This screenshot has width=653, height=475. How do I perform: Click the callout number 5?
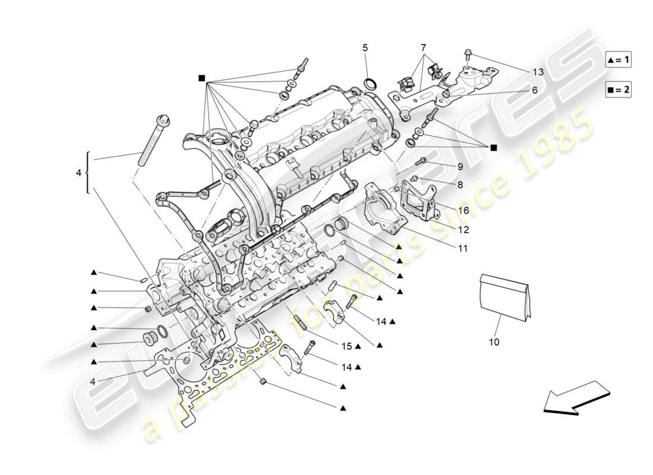[365, 47]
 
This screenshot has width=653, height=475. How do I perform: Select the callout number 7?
[423, 47]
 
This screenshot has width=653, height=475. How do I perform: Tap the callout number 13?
[537, 72]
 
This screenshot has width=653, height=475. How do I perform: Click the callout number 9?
[459, 167]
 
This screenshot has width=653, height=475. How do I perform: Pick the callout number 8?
[459, 185]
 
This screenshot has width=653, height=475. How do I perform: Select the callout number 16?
[464, 210]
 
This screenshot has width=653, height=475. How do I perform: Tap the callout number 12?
[464, 229]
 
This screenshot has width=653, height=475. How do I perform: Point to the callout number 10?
[494, 342]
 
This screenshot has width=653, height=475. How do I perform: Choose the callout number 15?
[346, 346]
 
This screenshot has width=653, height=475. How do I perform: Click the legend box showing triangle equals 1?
[618, 59]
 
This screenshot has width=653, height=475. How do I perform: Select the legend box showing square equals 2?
[618, 90]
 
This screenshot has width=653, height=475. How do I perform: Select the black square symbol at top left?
[202, 78]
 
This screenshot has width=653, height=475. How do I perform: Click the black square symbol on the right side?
[493, 147]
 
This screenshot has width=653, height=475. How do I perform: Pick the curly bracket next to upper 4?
[88, 173]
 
